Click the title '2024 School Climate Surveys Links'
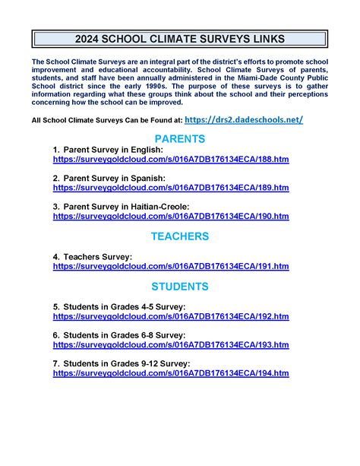tap(180, 39)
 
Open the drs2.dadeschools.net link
tap(244, 119)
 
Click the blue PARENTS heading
tap(180, 139)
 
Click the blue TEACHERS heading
tap(180, 236)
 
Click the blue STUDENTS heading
tap(180, 287)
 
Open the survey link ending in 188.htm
tap(171, 161)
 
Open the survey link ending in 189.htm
tap(171, 187)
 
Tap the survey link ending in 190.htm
tap(171, 216)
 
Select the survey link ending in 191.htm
tap(171, 266)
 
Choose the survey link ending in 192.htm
tap(171, 316)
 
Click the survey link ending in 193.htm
tap(171, 344)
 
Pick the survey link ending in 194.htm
tap(171, 373)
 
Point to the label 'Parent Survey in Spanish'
tap(113, 177)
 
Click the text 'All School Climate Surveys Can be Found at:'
tap(106, 120)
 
